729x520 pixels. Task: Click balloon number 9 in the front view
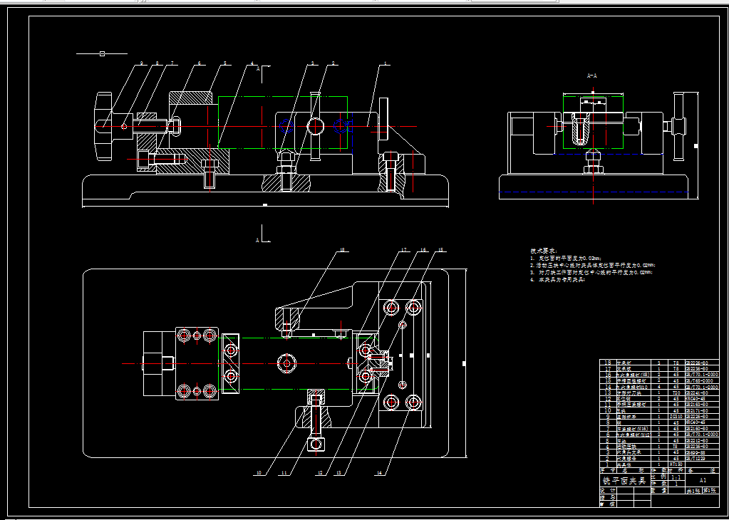tap(142, 63)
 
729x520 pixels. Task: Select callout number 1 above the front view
tap(386, 63)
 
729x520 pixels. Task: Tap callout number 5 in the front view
tap(224, 63)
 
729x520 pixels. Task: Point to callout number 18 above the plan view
tap(342, 250)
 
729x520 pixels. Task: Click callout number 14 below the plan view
tap(380, 472)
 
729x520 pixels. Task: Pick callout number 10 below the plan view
tap(259, 472)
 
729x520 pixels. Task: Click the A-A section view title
tap(591, 75)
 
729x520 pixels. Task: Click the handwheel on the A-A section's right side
tap(680, 125)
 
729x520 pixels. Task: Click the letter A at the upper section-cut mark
tap(258, 68)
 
